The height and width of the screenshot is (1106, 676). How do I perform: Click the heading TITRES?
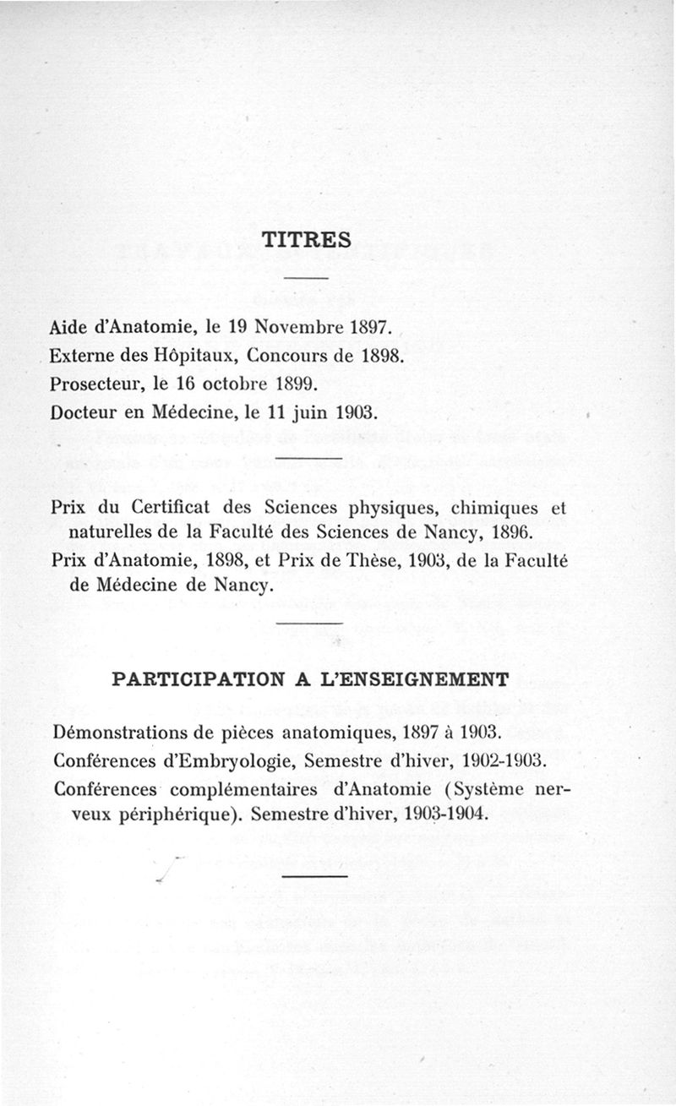pos(306,241)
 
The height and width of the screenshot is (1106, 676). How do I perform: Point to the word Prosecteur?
pos(97,384)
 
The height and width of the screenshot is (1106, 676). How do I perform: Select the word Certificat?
pos(175,509)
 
